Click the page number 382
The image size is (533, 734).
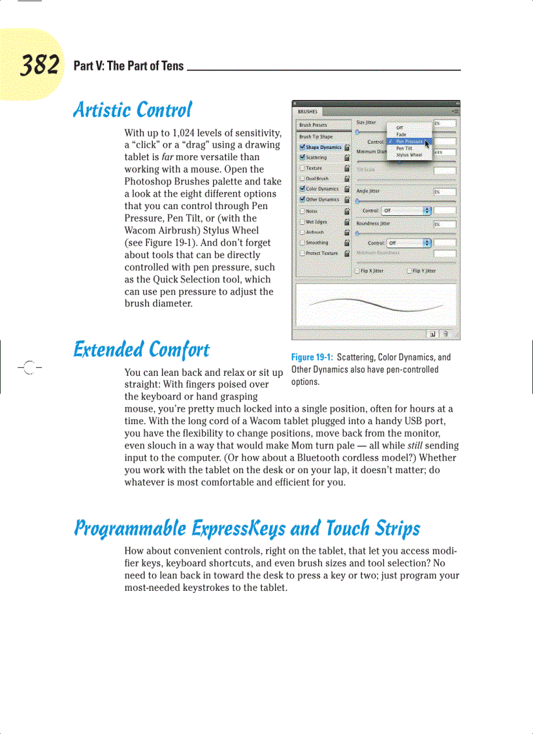[40, 65]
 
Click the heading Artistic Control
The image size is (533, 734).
[133, 109]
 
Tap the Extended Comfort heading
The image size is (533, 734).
[141, 350]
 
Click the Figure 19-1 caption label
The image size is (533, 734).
[312, 358]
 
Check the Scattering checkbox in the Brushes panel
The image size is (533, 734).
[302, 158]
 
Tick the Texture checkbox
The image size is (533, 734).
[302, 168]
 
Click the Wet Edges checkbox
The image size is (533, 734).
[302, 222]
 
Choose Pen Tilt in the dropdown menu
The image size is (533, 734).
[404, 148]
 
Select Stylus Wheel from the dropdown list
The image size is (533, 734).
[409, 155]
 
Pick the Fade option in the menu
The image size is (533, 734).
[401, 135]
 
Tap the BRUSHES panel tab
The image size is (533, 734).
[308, 112]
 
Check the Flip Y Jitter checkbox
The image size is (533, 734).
[410, 271]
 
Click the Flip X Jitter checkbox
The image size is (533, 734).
[357, 271]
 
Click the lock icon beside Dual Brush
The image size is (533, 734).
[347, 178]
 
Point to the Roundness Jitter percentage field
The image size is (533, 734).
[445, 224]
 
